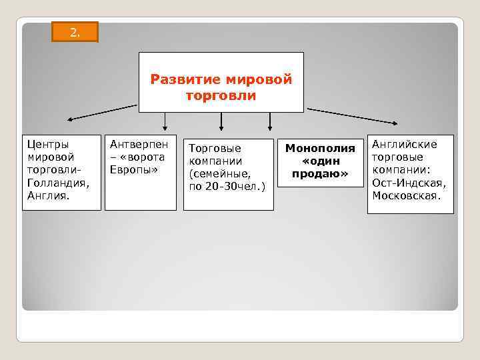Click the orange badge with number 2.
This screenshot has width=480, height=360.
tap(75, 32)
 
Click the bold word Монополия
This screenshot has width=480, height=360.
tap(320, 148)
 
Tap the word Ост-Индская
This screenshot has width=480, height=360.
tap(409, 183)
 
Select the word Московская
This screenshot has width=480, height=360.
tap(406, 195)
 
